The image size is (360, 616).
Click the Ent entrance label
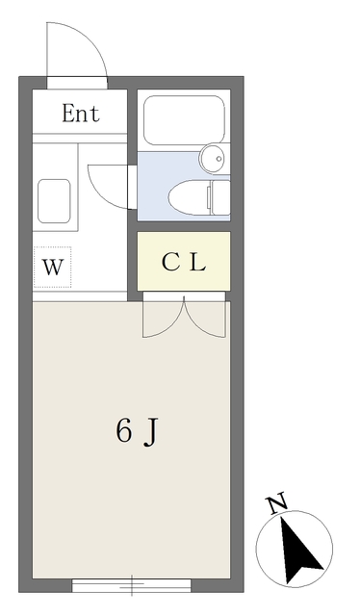pos(81,114)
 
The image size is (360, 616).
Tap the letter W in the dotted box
pos(55,267)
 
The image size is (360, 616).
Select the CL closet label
pos(183,261)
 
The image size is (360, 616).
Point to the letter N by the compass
pos(277,503)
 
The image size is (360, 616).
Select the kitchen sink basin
pos(54,199)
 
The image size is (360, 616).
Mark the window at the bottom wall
pos(132,583)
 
